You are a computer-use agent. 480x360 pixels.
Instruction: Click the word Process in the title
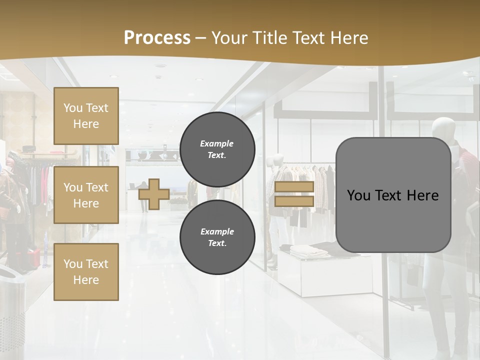[157, 37]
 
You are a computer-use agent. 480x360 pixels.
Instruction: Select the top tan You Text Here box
[86, 116]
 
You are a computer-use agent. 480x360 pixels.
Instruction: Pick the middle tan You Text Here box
[86, 195]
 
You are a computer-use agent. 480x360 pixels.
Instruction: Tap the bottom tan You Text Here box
[86, 271]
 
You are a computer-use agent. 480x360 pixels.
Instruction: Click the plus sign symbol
[154, 194]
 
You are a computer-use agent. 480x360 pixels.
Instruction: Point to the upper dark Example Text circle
[217, 149]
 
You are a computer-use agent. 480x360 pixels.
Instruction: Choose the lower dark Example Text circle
[217, 237]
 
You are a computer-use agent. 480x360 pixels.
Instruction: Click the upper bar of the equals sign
[294, 187]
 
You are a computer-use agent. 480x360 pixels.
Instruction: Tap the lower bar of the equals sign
[294, 201]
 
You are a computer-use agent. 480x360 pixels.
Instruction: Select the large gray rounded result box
[393, 195]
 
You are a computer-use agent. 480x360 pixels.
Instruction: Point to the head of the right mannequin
[443, 129]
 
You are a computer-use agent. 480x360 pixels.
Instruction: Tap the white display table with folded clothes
[325, 270]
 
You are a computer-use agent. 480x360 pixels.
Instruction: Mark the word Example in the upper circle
[217, 143]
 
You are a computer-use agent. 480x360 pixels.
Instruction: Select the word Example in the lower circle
[217, 231]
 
